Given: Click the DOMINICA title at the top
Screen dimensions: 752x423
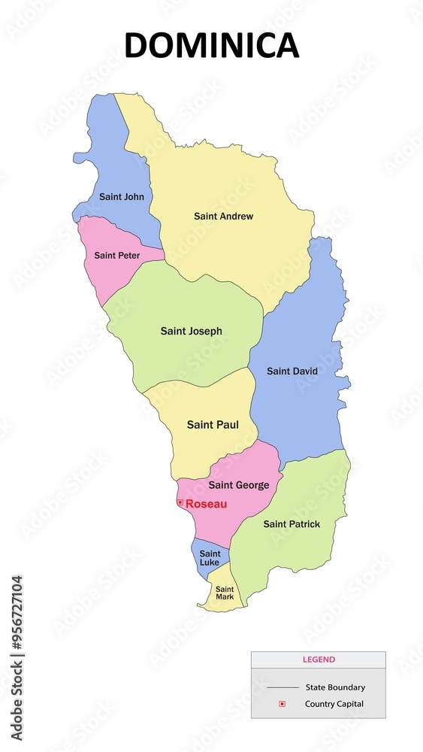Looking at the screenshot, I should (211, 45).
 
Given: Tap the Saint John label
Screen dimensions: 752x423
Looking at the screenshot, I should (121, 197).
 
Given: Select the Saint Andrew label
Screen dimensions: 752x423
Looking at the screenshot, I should (223, 217).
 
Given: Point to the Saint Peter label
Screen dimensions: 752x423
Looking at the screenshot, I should (116, 256).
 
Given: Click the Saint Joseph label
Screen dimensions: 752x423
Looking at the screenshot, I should (191, 331).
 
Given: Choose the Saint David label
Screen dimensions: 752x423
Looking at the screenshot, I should (292, 371).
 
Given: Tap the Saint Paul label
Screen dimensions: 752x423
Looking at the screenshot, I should (213, 425).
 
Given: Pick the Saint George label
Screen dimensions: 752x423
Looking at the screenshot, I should (238, 485).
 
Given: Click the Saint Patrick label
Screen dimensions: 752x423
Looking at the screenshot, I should (292, 524).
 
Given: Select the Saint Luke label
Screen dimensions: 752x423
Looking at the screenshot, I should (210, 558).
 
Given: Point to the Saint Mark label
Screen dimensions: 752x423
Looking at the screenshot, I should (225, 593).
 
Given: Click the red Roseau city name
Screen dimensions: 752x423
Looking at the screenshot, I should (206, 504).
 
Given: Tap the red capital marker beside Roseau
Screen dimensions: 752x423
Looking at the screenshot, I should (180, 502).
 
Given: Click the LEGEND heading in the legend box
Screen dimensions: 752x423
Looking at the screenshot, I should (319, 660).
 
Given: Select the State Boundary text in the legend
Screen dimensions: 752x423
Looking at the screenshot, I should (335, 687).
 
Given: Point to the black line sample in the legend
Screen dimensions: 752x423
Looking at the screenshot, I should (282, 687).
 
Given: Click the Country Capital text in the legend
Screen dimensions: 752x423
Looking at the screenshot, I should (334, 704).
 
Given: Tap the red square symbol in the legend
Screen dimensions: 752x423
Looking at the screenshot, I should (282, 704).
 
